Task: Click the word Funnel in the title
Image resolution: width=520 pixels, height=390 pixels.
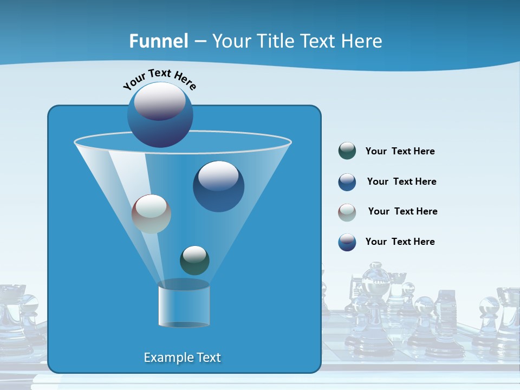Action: click(158, 41)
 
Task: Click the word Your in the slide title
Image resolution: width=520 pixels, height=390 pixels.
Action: click(232, 41)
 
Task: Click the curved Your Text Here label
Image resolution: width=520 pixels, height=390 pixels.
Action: click(160, 78)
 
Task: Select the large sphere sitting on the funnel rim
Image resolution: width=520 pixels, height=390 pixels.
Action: click(160, 114)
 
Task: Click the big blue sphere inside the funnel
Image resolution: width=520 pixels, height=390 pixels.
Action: click(218, 186)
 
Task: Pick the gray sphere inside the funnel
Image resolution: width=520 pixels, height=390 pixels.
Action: click(151, 214)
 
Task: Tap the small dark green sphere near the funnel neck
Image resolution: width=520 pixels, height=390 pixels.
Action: click(194, 261)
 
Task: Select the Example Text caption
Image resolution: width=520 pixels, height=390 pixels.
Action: click(182, 357)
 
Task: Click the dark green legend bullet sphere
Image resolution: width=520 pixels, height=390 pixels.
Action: click(347, 151)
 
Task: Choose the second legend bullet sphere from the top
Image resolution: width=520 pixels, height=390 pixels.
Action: click(347, 182)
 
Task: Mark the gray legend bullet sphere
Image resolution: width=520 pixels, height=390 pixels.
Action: click(347, 212)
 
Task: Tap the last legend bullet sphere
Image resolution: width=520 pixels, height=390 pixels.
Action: click(347, 242)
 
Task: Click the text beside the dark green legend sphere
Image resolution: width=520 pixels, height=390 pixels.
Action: click(400, 151)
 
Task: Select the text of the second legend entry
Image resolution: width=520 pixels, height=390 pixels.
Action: click(401, 181)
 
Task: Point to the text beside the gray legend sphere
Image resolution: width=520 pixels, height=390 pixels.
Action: click(402, 211)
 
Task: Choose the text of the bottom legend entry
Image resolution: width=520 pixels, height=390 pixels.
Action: click(400, 242)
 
